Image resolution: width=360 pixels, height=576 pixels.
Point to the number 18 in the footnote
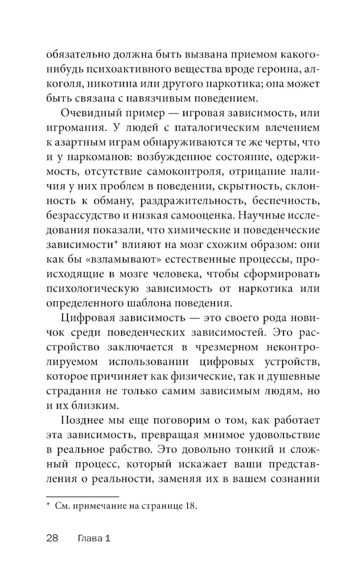point(190,505)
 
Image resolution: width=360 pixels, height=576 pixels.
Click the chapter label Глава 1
point(94,538)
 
